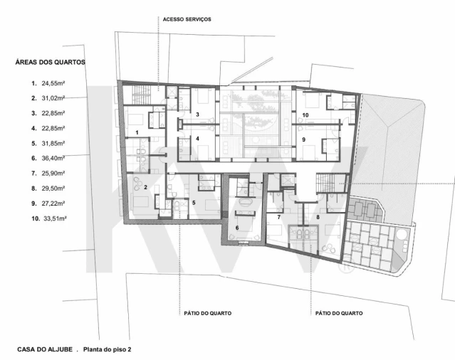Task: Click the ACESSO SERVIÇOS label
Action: coord(187,19)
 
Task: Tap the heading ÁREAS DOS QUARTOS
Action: coord(51,63)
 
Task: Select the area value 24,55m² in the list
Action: coord(53,83)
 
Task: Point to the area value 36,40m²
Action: coord(53,158)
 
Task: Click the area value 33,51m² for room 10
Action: coord(55,218)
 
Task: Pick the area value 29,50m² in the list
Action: coord(53,189)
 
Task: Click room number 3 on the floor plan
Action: coord(198,115)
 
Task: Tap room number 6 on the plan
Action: coord(237,228)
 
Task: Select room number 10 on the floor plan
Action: coord(305,115)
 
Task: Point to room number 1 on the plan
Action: coord(137,132)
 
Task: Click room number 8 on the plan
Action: coord(318,217)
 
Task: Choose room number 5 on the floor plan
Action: coord(194,203)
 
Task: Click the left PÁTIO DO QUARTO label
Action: coord(208,313)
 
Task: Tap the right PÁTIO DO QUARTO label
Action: coord(339,313)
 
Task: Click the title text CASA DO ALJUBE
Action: coord(45,349)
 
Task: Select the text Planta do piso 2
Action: coord(107,349)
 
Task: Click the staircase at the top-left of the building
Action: coord(141,94)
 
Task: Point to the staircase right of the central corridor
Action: coord(325,183)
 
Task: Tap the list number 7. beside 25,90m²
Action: coord(34,174)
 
